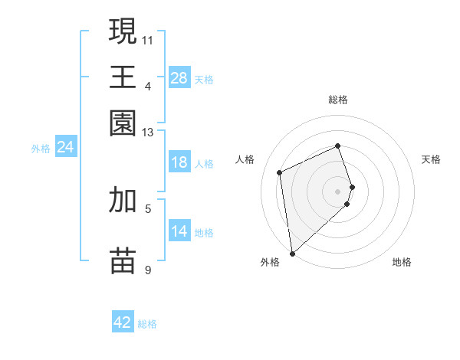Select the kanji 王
(x=123, y=77)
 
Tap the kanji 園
(x=123, y=123)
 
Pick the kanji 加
(x=123, y=199)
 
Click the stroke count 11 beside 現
(x=147, y=39)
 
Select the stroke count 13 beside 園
(x=148, y=133)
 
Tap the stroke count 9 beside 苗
(x=148, y=270)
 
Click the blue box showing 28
(x=179, y=78)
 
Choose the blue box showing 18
(x=179, y=162)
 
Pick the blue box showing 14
(x=179, y=231)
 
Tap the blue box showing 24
(x=65, y=148)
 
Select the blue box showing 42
(x=123, y=322)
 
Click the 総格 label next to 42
(x=147, y=324)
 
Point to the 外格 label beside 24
(x=41, y=149)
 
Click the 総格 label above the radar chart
(x=337, y=100)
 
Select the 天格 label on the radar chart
(x=432, y=159)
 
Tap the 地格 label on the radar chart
(x=402, y=262)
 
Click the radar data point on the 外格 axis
(x=292, y=253)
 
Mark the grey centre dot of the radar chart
(x=337, y=191)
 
